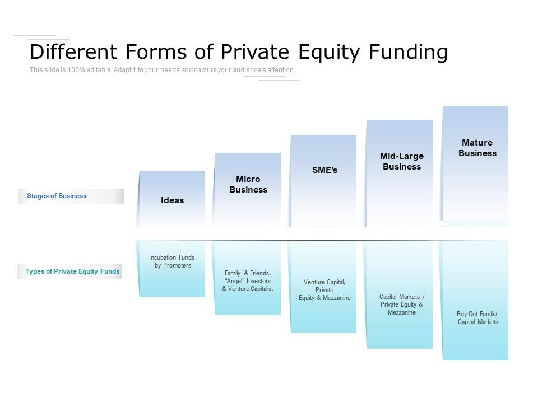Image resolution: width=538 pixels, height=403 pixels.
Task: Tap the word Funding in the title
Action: (x=408, y=52)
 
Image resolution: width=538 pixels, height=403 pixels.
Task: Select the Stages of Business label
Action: (x=57, y=196)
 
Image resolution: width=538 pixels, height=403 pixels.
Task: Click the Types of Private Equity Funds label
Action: (x=72, y=271)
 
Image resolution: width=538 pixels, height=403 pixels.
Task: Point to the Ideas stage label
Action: (x=172, y=200)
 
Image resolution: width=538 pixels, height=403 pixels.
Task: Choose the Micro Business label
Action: (x=248, y=184)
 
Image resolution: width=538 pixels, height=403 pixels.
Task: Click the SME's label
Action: (x=325, y=170)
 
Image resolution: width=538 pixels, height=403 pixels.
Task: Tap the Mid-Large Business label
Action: (x=402, y=161)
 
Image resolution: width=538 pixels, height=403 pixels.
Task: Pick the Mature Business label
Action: (x=477, y=148)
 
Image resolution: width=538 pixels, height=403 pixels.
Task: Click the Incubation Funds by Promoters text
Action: (x=172, y=261)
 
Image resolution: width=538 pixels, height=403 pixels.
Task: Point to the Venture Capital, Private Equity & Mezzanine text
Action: (x=324, y=290)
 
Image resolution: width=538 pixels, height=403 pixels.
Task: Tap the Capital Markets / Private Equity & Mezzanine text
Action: (x=402, y=304)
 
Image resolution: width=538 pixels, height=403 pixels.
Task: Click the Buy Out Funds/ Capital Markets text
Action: (x=477, y=318)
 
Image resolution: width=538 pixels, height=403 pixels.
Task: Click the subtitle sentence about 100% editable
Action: (x=163, y=70)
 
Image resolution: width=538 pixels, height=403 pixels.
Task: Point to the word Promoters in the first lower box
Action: (x=177, y=265)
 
